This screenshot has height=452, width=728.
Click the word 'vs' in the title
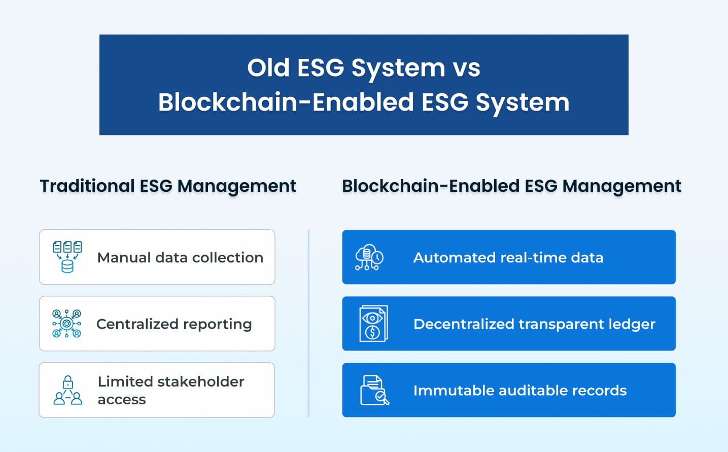click(x=466, y=68)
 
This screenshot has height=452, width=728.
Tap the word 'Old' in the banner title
click(x=268, y=68)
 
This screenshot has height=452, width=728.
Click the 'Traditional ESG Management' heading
click(x=168, y=186)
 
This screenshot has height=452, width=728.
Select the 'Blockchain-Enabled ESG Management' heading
click(x=511, y=186)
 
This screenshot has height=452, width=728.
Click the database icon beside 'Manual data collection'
click(x=67, y=257)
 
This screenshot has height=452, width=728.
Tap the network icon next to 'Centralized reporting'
click(x=66, y=324)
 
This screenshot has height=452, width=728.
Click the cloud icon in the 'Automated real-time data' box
click(x=369, y=257)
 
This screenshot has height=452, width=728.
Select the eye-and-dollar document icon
click(x=373, y=324)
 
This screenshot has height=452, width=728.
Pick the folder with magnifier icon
click(x=374, y=390)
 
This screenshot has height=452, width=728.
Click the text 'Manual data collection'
click(x=180, y=258)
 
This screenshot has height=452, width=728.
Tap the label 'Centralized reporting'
click(x=174, y=324)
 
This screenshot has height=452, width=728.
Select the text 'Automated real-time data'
click(x=508, y=258)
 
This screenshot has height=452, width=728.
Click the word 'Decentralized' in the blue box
click(x=464, y=324)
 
